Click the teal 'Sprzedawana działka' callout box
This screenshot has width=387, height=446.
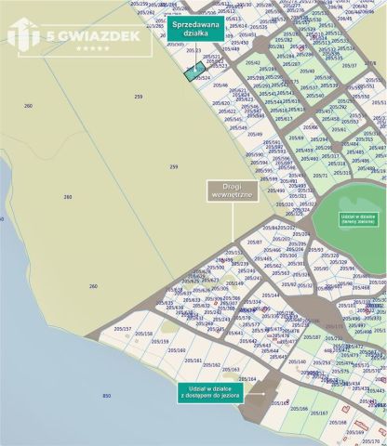click(196, 29)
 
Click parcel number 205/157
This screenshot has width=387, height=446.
click(123, 329)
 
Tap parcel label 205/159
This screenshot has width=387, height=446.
click(160, 341)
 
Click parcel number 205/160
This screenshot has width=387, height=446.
click(177, 350)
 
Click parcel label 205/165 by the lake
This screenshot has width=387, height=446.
click(279, 403)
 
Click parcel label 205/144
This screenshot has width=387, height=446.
click(271, 295)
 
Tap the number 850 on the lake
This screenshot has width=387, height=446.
click(106, 397)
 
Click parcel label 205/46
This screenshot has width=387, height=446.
click(221, 85)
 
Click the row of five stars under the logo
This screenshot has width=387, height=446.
click(92, 47)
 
